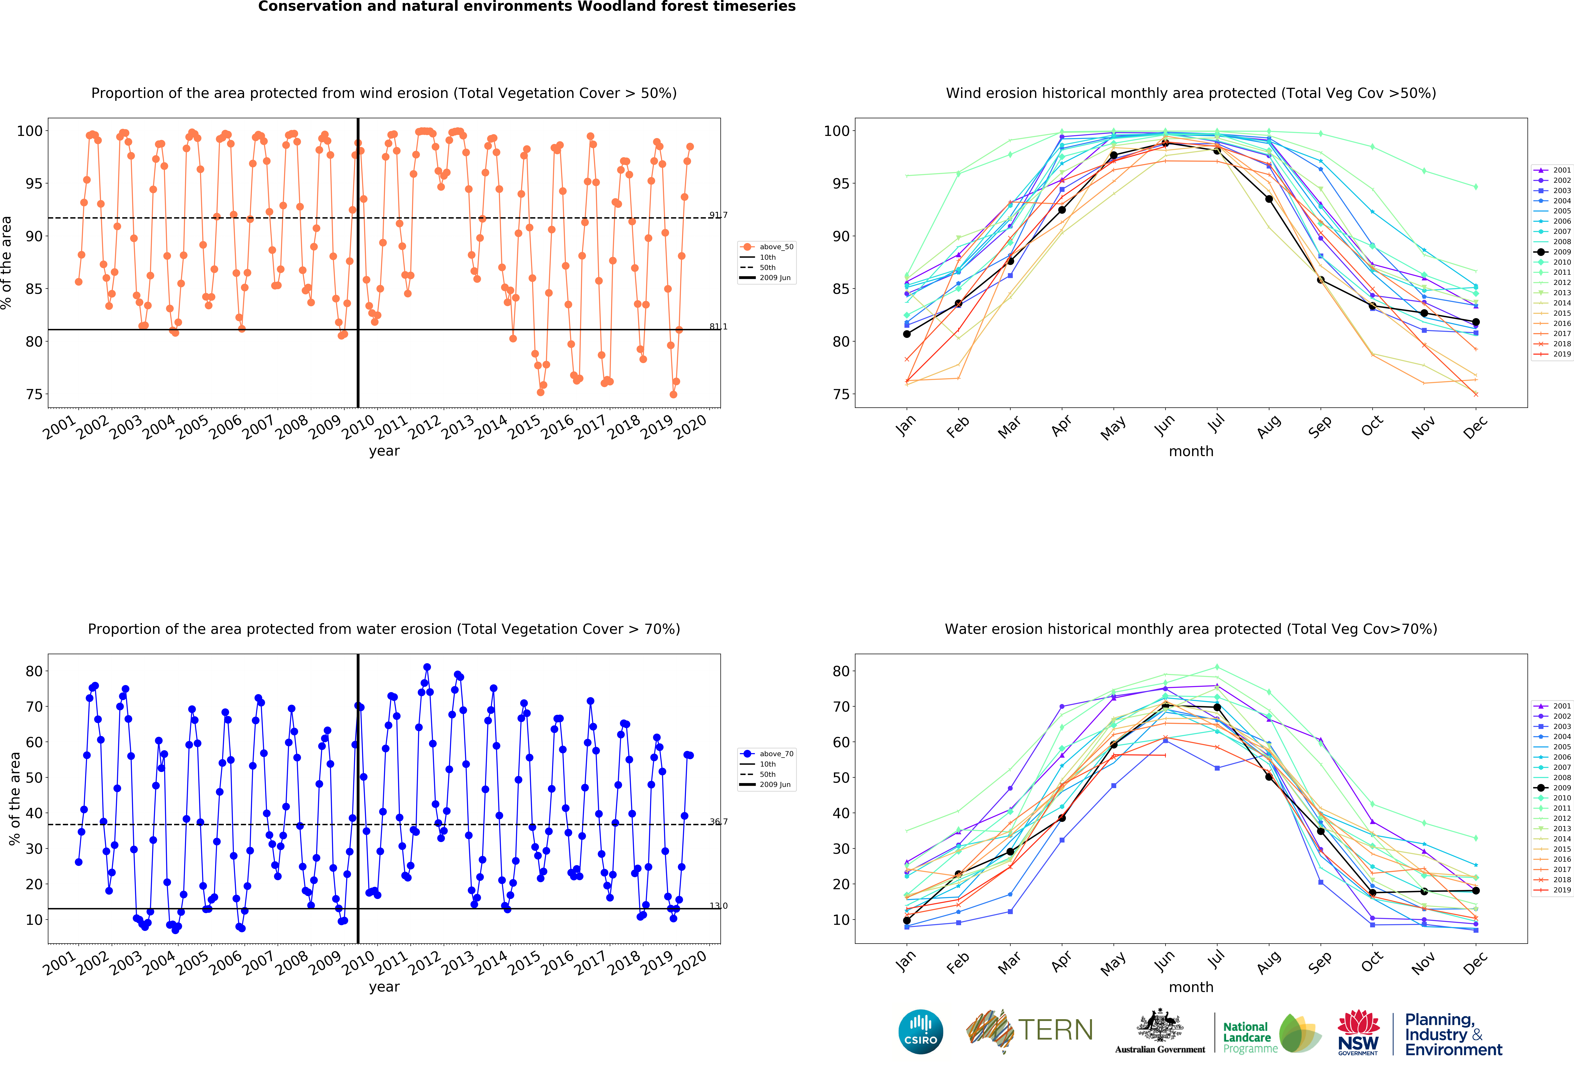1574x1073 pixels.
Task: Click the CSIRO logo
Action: coord(920,1032)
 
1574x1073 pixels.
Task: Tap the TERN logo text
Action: coord(1055,1030)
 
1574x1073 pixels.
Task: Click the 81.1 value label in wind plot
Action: coord(719,327)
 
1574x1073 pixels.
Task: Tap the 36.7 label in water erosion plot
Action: coord(719,822)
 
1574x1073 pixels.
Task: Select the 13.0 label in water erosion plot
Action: coord(719,906)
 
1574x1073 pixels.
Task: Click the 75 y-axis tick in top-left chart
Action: coord(34,394)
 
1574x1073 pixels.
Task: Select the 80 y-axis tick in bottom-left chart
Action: coord(34,671)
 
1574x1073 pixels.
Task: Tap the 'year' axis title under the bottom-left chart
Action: coord(384,987)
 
